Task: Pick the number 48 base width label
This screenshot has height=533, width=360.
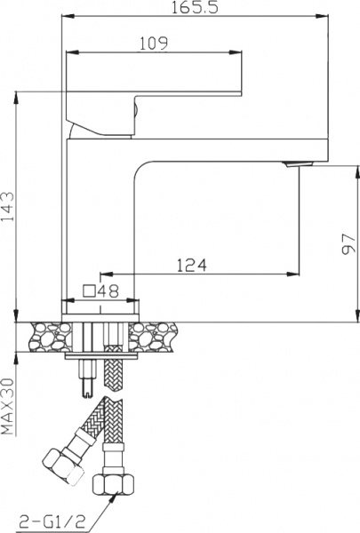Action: point(108,290)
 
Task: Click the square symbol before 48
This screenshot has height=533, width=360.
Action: point(89,290)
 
